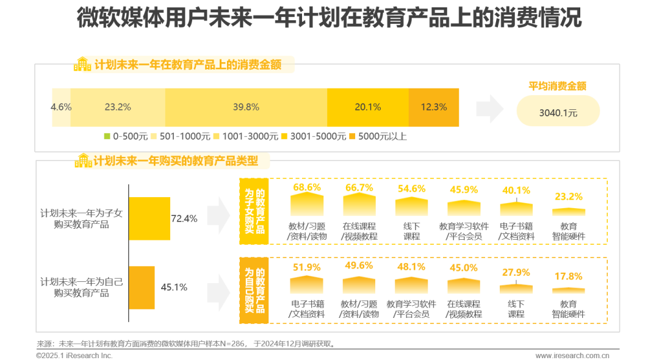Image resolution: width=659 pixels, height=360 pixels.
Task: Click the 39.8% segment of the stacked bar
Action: (x=246, y=107)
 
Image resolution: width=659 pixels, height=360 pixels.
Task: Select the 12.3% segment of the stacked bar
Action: (x=434, y=107)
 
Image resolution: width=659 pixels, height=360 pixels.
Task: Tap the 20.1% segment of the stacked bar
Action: (x=368, y=107)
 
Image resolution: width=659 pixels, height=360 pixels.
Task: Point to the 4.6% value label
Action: (x=61, y=107)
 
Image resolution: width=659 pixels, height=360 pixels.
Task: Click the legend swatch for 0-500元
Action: (x=107, y=136)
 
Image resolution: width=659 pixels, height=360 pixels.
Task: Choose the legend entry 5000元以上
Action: (x=378, y=136)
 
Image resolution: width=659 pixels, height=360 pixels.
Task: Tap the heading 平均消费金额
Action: (x=557, y=86)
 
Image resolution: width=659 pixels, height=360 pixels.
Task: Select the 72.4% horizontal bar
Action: (x=149, y=218)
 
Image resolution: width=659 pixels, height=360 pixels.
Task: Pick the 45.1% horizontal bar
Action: (x=142, y=287)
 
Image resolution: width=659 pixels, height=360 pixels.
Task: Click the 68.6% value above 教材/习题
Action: (x=307, y=187)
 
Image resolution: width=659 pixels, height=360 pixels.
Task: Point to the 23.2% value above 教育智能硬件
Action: (x=569, y=196)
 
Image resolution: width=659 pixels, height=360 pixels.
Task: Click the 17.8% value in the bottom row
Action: (x=568, y=276)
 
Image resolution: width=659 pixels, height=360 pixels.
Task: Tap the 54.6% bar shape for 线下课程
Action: (x=411, y=206)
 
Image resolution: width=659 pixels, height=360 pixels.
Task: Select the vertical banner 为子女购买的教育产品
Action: (x=254, y=211)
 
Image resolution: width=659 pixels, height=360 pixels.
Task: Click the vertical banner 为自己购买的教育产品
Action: (x=254, y=290)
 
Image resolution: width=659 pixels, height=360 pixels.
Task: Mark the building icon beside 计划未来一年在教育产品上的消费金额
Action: (x=82, y=64)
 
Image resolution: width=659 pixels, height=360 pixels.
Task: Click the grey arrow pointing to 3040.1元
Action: (x=489, y=109)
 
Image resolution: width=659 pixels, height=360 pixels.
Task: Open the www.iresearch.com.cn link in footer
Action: (x=572, y=355)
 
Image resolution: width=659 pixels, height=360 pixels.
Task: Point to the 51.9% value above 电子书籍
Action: (x=307, y=267)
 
